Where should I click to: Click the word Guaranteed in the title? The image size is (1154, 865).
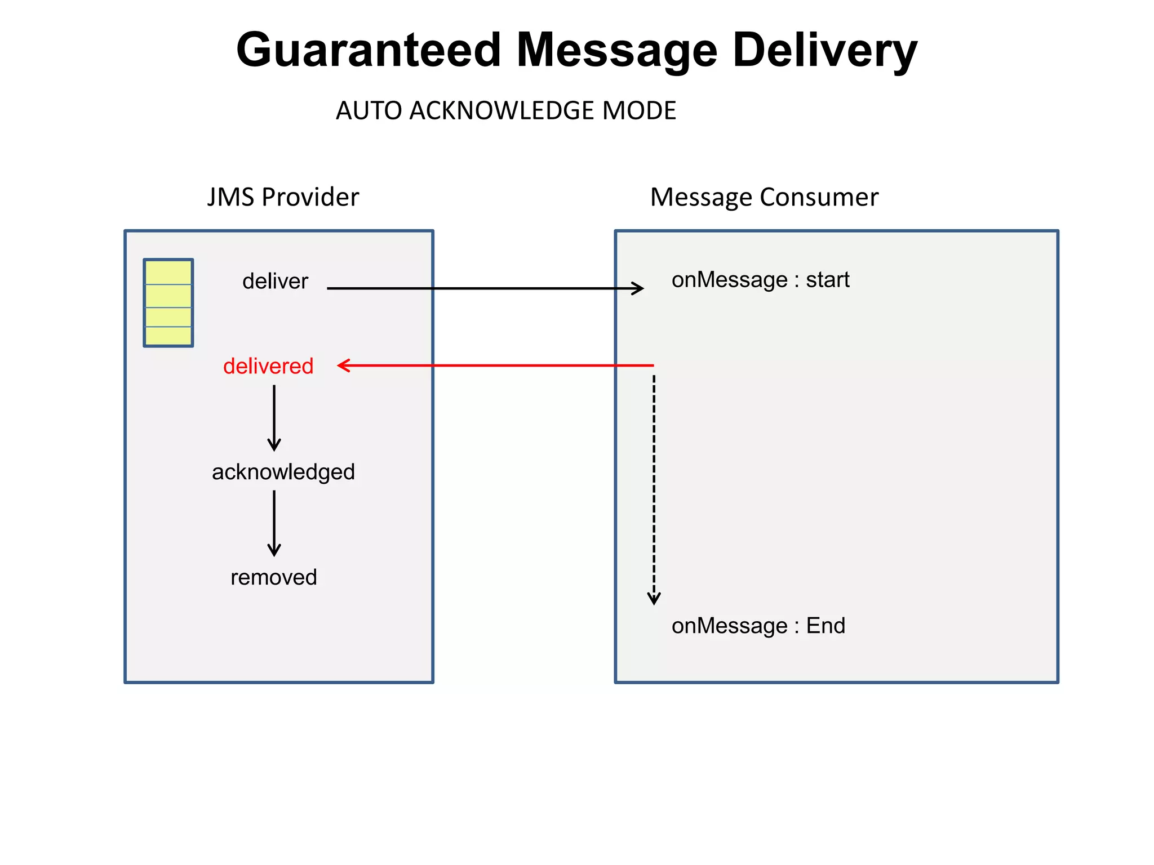tap(369, 51)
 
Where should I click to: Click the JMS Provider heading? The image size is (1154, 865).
tap(283, 197)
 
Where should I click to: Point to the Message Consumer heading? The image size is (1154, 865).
tap(764, 197)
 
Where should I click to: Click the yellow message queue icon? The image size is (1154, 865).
tap(168, 303)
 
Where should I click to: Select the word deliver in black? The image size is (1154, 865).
tap(275, 281)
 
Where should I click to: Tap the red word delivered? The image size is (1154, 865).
tap(268, 366)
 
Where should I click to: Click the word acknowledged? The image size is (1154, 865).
tap(283, 472)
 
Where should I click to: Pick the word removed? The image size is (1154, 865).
tap(274, 577)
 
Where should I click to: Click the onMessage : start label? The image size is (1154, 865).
tap(760, 280)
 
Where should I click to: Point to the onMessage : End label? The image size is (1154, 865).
tap(758, 626)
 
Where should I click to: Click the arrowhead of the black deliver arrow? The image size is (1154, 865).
tap(639, 288)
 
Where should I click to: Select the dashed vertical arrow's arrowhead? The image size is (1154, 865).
tap(654, 599)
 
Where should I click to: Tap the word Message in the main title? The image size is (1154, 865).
tap(616, 51)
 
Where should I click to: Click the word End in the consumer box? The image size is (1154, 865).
tap(825, 626)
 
